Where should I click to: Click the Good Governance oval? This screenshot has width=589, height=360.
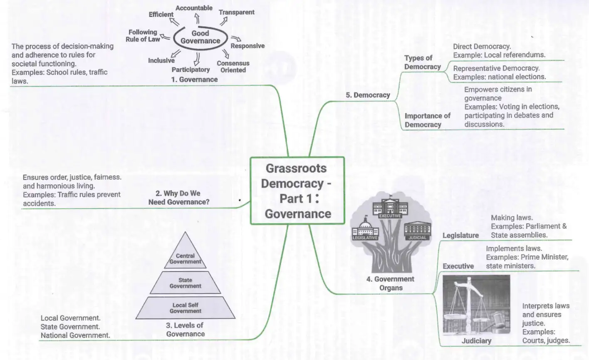[x=200, y=49]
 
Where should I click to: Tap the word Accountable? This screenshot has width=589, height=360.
[x=194, y=8]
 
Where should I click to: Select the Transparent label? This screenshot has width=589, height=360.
[x=236, y=12]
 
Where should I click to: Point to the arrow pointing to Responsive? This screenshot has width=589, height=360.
[x=236, y=39]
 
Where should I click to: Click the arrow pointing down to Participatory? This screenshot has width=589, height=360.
[x=197, y=59]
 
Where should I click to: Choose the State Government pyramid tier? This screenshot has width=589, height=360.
[x=185, y=283]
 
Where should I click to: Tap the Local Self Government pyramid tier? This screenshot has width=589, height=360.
[x=186, y=308]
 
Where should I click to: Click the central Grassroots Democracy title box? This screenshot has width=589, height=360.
[x=297, y=191]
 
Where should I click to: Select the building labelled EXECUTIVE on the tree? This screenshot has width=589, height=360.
[x=390, y=207]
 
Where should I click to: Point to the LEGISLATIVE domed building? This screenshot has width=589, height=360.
[x=365, y=228]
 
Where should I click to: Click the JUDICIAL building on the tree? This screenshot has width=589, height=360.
[x=418, y=231]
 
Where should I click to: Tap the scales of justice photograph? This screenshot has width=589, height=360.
[x=476, y=305]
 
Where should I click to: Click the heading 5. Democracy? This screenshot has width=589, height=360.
[x=368, y=95]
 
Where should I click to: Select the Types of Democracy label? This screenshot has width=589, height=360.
[x=422, y=62]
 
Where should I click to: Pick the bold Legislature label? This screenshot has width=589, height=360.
[x=460, y=235]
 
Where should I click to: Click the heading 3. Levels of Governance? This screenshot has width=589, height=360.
[x=185, y=330]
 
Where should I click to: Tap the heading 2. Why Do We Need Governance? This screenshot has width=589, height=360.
[x=179, y=198]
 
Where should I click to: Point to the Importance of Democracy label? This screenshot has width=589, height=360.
[x=427, y=120]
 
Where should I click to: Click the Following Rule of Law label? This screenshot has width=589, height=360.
[x=143, y=36]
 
